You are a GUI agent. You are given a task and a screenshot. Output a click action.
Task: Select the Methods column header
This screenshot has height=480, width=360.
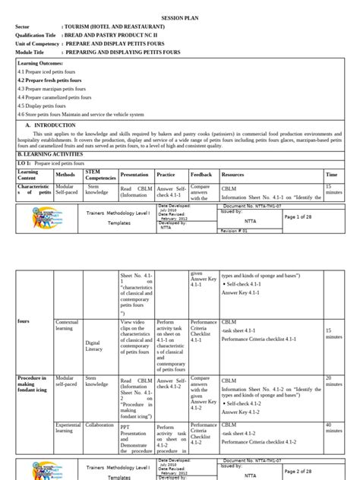click(x=66, y=172)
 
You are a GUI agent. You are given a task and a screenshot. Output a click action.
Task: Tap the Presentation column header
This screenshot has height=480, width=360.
click(x=134, y=174)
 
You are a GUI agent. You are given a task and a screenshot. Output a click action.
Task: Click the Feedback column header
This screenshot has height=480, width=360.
click(x=201, y=174)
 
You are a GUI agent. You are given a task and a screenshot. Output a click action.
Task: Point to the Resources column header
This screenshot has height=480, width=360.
click(x=232, y=174)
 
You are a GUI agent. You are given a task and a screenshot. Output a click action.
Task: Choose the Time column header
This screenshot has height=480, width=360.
click(x=331, y=174)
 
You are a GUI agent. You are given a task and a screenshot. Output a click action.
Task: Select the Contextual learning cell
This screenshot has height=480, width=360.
click(x=68, y=326)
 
